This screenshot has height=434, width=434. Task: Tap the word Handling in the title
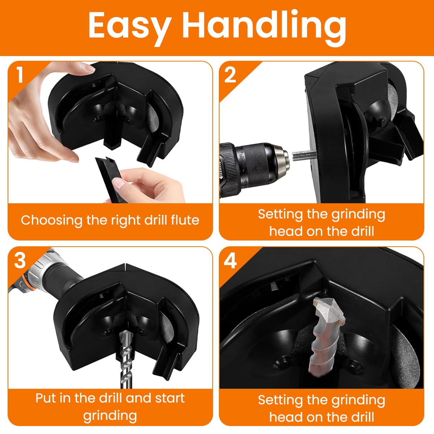[x=264, y=26]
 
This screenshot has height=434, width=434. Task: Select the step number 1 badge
[x=20, y=75]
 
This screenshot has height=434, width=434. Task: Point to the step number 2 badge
[x=230, y=75]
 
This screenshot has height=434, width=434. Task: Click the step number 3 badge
[x=20, y=260]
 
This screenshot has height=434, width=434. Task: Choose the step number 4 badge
[x=230, y=260]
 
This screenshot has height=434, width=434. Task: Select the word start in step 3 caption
[x=170, y=398]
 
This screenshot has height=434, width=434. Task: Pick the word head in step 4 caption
[x=286, y=417]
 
